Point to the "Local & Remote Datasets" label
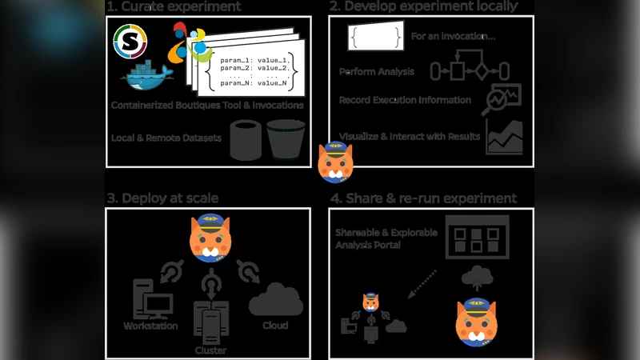(166, 138)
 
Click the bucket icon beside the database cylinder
(286, 139)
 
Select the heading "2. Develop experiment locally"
(423, 7)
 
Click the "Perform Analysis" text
(377, 72)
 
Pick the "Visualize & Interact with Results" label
(410, 136)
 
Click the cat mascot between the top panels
(336, 162)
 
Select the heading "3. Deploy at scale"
(162, 198)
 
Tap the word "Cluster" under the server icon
(210, 350)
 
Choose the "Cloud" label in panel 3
(275, 326)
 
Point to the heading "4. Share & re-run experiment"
(423, 198)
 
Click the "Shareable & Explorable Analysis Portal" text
(376, 239)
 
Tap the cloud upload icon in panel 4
(478, 275)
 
